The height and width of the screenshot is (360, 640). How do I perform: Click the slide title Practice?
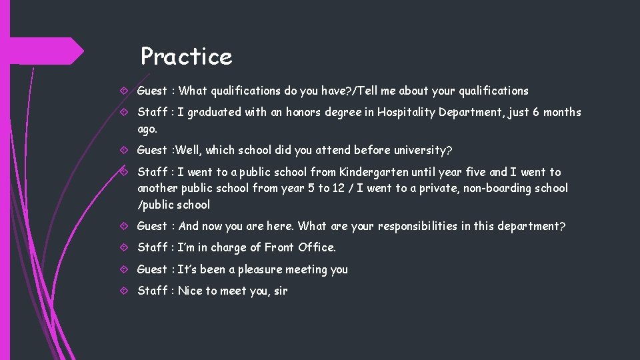coord(186,57)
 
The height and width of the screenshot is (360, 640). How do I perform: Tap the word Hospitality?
coord(406,112)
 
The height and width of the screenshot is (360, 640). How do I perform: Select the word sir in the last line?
coord(279,291)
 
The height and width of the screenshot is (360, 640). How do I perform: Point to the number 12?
coord(338,188)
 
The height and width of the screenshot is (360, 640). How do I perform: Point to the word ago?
coord(147,129)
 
